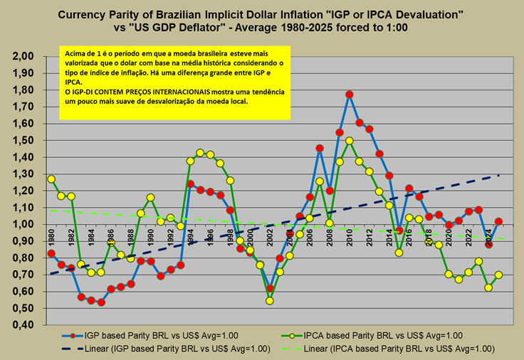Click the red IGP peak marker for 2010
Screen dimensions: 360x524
(x=350, y=95)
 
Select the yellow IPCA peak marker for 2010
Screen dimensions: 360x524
(x=350, y=141)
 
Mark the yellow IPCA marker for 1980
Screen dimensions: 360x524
(x=51, y=179)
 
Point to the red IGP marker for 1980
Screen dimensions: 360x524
(x=51, y=253)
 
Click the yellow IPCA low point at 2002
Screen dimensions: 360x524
(x=270, y=301)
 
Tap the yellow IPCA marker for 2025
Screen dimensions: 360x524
(x=499, y=275)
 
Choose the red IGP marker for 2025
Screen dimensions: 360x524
(x=499, y=221)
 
